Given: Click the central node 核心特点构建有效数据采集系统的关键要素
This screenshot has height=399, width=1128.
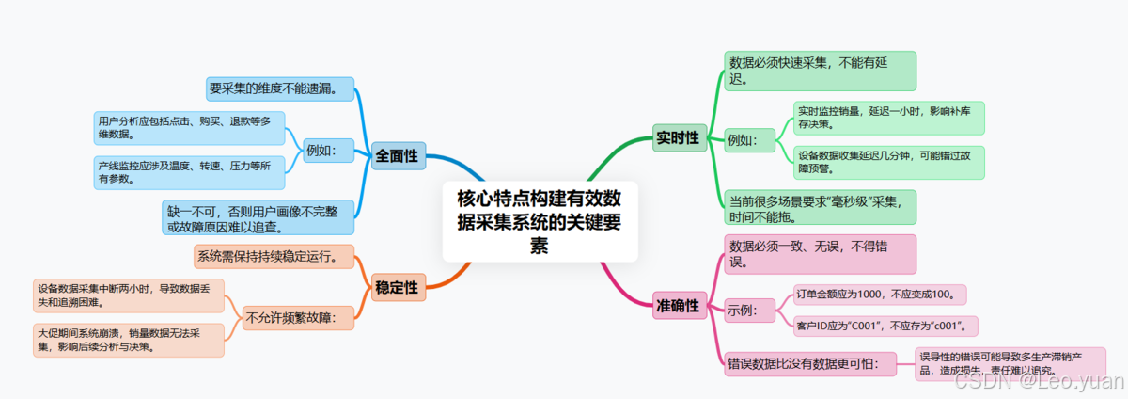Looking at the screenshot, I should click(540, 221).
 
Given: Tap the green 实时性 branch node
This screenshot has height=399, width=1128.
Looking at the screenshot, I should click(679, 138).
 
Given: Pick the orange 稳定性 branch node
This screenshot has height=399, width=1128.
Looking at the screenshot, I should click(397, 286).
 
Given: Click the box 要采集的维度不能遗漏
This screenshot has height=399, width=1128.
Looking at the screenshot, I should click(280, 89).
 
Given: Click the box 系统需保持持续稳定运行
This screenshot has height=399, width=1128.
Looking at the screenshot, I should click(274, 256).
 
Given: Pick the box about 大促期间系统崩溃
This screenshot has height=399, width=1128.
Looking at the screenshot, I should click(128, 340).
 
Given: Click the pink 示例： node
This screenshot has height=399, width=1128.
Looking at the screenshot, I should click(749, 310).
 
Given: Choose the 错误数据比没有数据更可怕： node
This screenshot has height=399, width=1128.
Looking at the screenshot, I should click(804, 362).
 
